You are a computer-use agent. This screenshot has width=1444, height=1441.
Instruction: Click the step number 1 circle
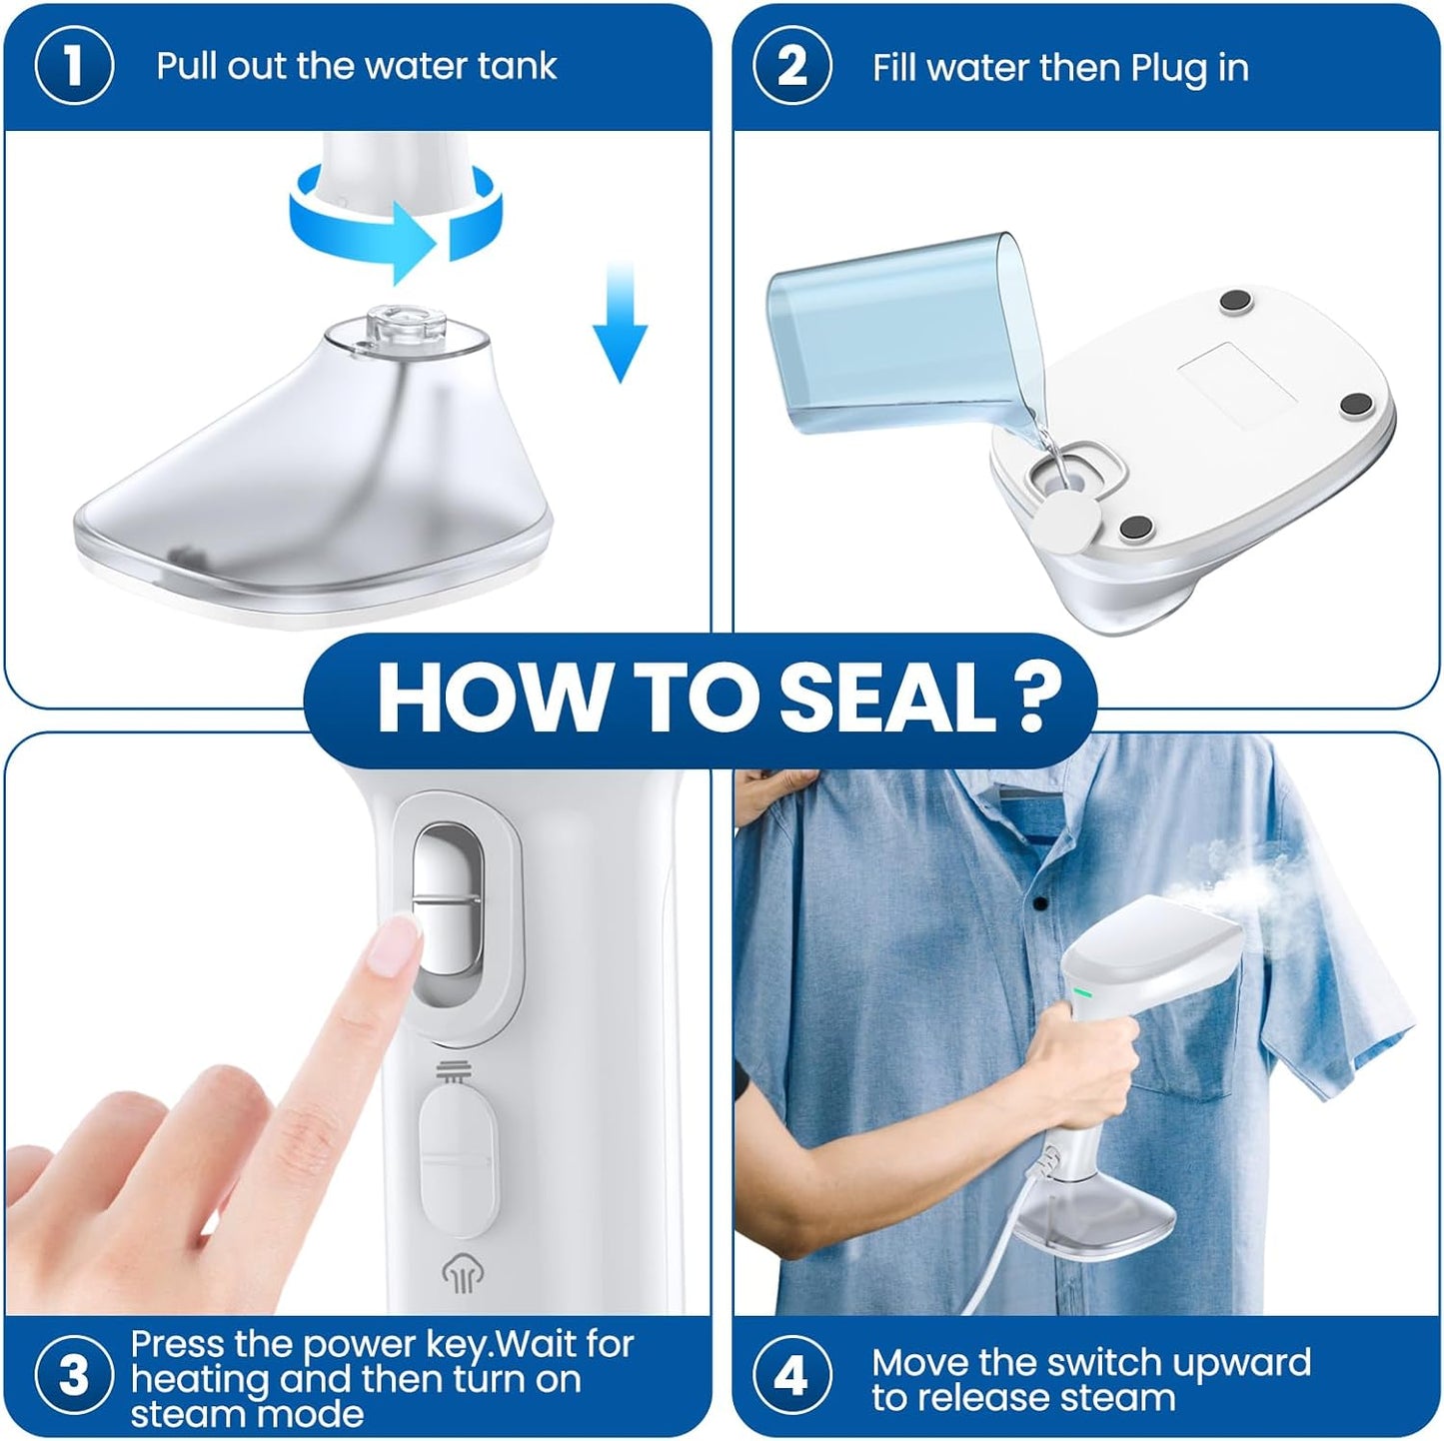[x=73, y=67]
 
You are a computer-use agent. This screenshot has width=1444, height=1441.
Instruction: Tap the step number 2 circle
[x=791, y=67]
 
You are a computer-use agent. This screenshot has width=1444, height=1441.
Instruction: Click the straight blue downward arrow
[x=621, y=322]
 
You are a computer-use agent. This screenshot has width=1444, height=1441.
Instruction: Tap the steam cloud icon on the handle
[x=459, y=1273]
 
